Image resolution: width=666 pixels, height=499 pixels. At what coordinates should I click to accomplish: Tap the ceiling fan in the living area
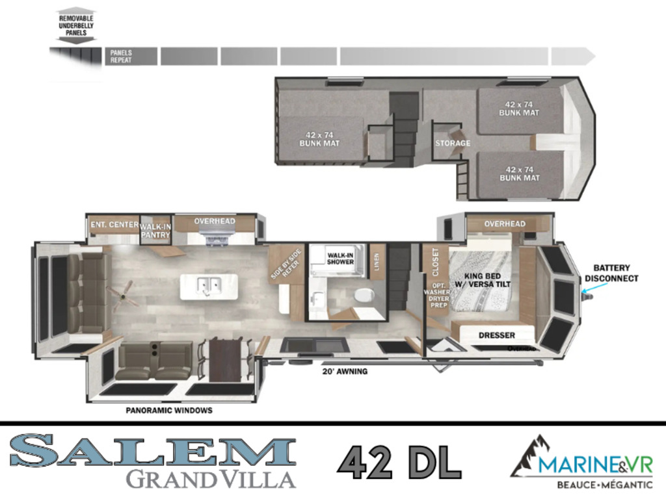click(123, 295)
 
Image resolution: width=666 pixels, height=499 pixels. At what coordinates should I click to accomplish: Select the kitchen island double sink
click(209, 286)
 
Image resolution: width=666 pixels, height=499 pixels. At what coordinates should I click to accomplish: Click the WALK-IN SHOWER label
click(340, 259)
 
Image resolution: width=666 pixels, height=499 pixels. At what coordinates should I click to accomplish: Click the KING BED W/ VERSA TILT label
click(483, 280)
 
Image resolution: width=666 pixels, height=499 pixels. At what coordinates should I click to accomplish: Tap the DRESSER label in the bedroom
click(496, 335)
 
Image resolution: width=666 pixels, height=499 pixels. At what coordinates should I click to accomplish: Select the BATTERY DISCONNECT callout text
click(611, 273)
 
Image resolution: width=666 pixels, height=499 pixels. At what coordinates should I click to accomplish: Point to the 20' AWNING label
click(345, 371)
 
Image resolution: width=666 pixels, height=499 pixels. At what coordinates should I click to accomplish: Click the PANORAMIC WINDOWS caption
click(169, 411)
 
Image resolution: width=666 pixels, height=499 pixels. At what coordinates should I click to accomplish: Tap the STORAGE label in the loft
click(453, 143)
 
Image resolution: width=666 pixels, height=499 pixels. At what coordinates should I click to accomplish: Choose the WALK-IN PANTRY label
click(155, 231)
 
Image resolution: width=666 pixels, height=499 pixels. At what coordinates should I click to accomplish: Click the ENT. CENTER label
click(114, 224)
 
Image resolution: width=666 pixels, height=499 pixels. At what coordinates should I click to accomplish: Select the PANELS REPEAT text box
click(131, 57)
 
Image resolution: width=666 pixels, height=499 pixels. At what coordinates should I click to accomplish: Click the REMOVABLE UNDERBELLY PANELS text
click(76, 25)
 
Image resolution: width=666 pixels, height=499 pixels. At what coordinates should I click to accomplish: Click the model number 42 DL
click(399, 462)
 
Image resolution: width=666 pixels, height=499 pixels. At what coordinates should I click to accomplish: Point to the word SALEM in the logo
click(153, 450)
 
